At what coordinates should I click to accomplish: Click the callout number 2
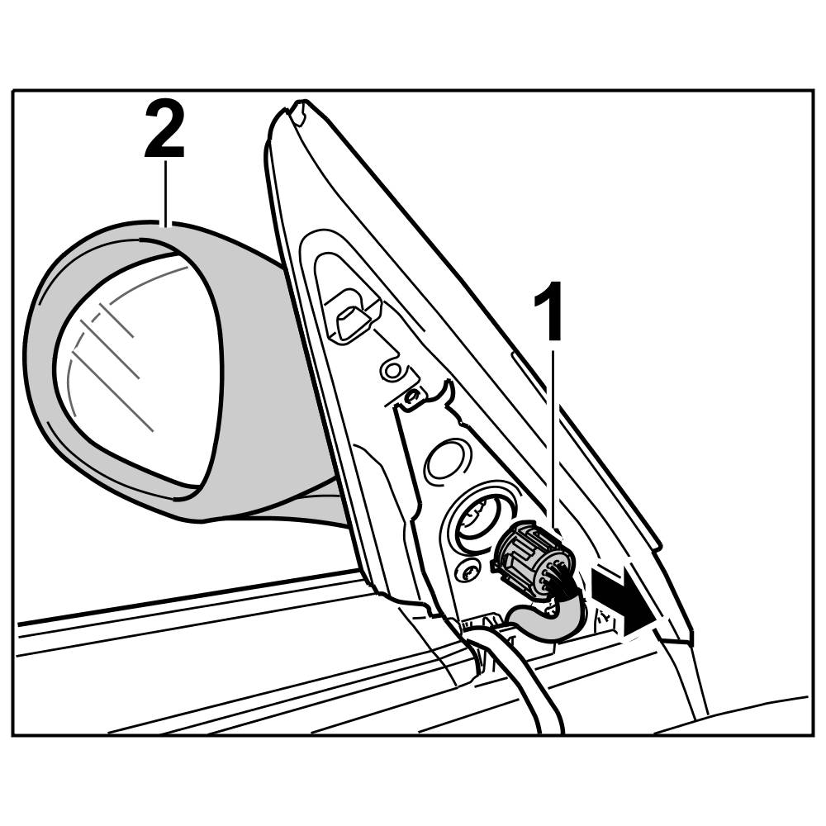(164, 129)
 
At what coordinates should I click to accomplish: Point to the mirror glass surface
(140, 372)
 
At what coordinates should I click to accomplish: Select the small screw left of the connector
(468, 570)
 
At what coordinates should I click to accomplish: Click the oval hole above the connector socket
(449, 458)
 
